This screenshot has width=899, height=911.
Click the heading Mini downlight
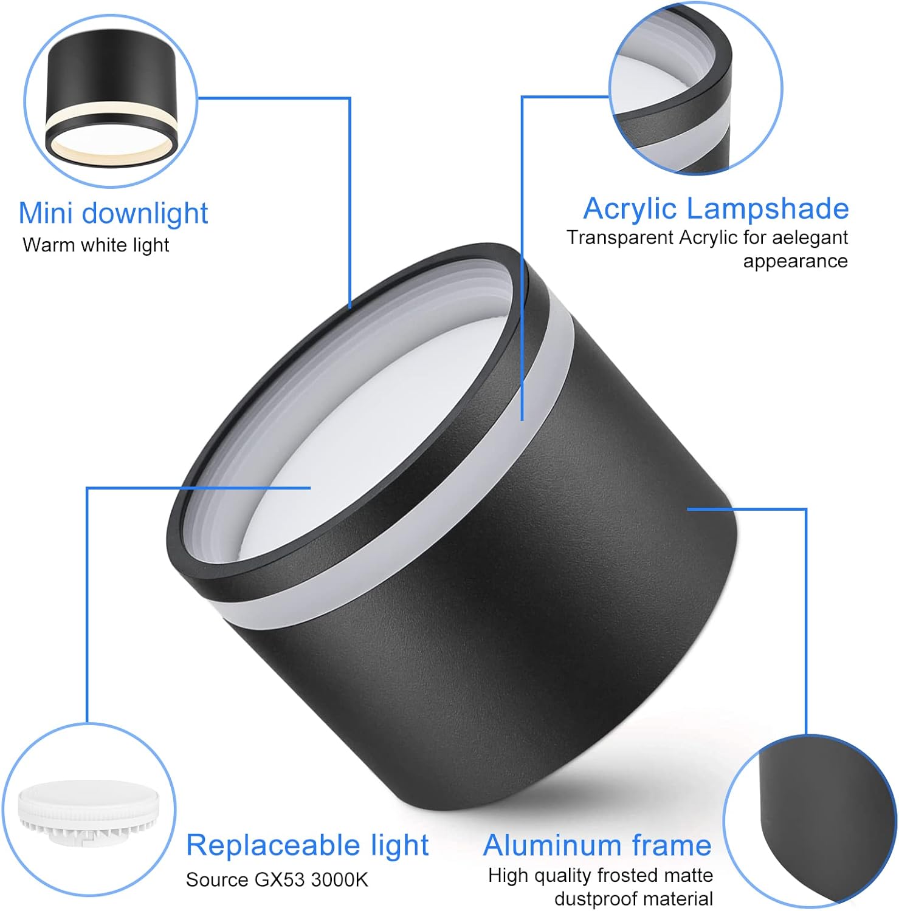tap(114, 213)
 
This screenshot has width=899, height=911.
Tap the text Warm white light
tap(96, 245)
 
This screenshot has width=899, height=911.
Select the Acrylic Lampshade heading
tap(716, 209)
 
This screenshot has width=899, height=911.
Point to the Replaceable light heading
tap(308, 845)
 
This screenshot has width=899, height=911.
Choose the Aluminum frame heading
tap(598, 845)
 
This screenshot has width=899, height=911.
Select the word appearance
tap(795, 262)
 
